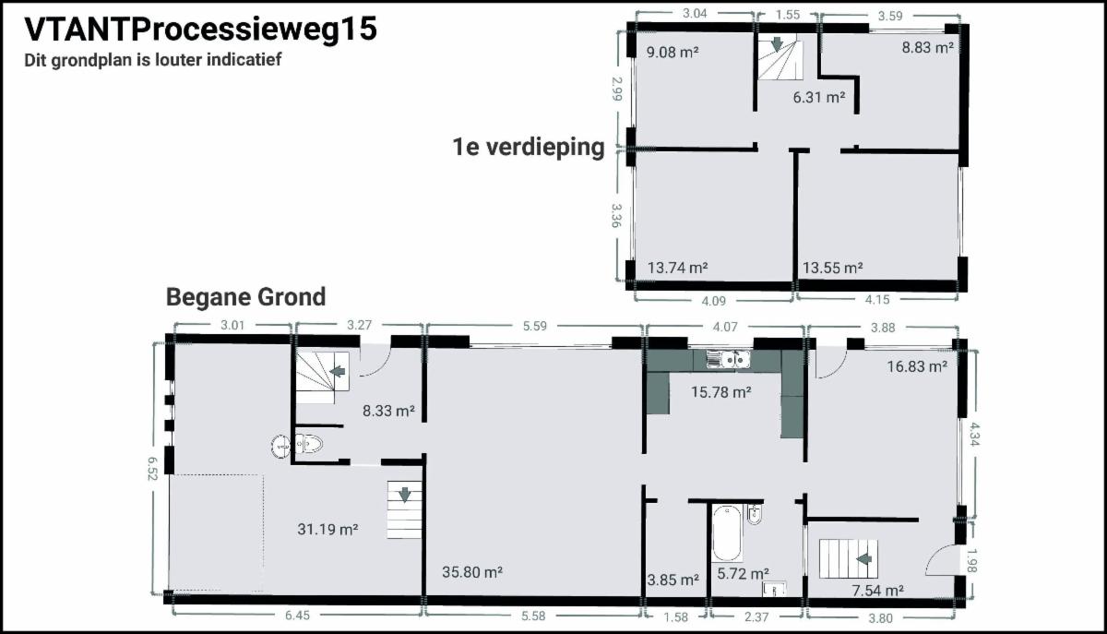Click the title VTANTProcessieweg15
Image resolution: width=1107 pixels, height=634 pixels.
201,30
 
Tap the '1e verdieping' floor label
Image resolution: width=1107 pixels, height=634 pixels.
529,147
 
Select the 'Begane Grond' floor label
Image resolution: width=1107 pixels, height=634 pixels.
245,298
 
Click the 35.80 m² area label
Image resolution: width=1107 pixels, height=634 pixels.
472,572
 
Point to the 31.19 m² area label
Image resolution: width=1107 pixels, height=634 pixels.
327,530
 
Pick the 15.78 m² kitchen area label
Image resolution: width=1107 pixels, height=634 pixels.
721,392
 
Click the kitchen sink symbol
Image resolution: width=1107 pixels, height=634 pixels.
729,359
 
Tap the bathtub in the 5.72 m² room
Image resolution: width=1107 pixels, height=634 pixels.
727,532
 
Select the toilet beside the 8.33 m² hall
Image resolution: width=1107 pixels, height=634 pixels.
309,445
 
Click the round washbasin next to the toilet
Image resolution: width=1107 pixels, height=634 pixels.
281,446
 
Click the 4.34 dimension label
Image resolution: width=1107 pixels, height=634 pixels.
974,434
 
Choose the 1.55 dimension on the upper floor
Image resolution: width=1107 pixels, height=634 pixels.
788,15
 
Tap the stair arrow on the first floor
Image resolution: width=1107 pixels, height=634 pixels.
778,44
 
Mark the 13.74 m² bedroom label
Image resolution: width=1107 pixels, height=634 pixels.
677,268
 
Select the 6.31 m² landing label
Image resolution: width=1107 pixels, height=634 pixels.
819,98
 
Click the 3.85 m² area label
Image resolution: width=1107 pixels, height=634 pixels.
673,580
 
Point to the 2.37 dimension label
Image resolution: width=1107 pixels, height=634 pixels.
756,617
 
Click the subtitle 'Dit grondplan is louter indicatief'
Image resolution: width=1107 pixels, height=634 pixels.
153,60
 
